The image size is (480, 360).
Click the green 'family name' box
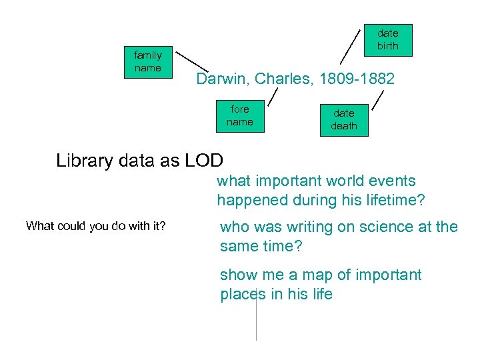click(147, 62)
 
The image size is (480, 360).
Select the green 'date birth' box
click(387, 40)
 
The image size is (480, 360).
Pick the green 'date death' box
click(344, 120)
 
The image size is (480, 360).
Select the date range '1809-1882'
click(357, 79)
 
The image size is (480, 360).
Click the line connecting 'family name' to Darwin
click(191, 61)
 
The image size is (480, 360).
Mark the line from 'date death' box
click(378, 100)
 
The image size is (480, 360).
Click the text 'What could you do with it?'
click(95, 226)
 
